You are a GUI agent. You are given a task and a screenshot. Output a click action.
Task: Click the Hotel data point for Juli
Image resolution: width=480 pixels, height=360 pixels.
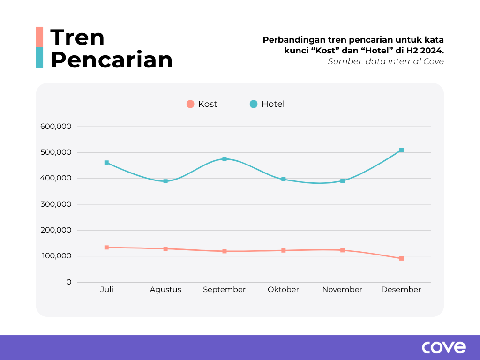107,163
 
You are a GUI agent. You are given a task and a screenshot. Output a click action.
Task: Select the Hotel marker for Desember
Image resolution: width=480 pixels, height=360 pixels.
401,150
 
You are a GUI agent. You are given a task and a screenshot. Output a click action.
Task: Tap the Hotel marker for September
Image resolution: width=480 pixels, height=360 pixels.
225,159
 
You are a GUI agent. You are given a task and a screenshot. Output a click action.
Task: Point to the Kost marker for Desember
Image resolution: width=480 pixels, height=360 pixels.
401,258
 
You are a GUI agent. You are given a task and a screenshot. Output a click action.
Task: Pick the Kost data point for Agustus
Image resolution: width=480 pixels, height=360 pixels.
165,248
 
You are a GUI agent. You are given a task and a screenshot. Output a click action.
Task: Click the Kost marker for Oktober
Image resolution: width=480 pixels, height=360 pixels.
284,250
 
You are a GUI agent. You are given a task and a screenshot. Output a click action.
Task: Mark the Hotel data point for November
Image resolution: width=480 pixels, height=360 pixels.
343,180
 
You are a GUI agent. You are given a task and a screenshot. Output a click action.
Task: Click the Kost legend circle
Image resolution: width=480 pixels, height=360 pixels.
190,104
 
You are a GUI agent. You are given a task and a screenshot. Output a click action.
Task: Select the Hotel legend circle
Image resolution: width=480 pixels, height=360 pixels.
254,104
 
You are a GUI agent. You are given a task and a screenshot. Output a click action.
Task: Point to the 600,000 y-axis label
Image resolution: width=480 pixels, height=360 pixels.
55,127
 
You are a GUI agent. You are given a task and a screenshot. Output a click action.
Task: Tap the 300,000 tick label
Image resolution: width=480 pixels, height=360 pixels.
55,204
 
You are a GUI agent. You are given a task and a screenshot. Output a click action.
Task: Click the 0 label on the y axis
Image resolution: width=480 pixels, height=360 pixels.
69,282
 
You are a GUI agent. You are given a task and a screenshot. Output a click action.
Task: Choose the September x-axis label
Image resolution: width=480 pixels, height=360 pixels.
224,290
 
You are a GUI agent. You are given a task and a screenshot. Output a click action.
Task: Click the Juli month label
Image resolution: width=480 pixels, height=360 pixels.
107,290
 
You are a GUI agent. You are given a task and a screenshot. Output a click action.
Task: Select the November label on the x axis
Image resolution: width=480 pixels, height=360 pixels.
342,290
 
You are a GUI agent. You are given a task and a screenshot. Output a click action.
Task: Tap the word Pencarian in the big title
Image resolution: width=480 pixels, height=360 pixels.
112,60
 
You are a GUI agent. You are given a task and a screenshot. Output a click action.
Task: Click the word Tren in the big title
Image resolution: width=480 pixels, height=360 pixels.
77,37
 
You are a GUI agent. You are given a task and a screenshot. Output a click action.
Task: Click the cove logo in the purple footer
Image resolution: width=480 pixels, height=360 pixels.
444,347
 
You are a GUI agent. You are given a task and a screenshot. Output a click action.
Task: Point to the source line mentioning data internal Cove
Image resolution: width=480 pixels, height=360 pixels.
386,61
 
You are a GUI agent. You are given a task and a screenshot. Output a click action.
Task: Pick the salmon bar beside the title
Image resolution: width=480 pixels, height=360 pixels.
39,37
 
